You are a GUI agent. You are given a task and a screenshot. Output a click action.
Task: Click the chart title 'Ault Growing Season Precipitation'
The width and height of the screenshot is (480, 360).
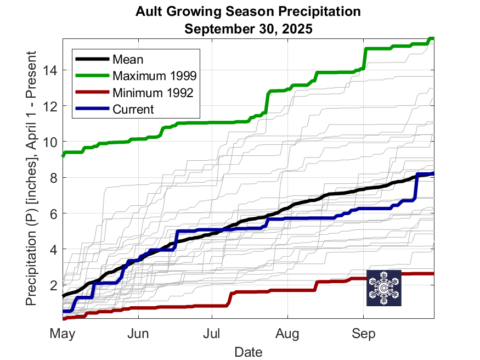248,12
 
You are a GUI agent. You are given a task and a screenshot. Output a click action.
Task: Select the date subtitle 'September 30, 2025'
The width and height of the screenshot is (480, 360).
249,29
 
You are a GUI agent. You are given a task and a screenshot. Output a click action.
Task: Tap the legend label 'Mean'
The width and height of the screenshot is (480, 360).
128,59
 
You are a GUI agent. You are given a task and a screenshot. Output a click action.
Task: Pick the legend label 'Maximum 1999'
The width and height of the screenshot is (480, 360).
154,76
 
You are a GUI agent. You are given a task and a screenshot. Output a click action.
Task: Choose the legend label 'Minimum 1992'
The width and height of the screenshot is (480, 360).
153,93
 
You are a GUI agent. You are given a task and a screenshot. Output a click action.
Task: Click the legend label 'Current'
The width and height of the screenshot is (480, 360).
133,109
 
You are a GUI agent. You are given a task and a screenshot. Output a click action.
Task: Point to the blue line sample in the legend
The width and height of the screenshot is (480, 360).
92,108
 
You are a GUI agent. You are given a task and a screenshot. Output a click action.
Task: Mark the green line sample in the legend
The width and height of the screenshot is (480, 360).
92,75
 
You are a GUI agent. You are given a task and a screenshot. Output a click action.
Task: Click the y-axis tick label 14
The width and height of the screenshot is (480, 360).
50,71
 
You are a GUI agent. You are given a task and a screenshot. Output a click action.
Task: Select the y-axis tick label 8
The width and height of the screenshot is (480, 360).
54,178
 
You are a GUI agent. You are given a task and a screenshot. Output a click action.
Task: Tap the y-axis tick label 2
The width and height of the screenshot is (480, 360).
54,285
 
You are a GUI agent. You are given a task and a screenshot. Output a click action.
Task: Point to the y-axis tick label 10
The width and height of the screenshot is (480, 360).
50,142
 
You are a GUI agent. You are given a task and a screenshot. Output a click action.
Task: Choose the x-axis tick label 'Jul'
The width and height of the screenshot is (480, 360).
212,333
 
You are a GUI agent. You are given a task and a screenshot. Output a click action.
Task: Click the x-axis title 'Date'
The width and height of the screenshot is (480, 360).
249,352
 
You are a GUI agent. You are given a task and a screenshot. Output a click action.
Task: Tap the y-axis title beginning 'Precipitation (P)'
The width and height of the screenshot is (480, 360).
31,178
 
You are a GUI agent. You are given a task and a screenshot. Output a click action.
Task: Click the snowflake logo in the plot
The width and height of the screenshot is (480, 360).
384,288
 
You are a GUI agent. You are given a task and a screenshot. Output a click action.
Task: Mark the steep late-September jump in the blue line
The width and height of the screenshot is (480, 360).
416,187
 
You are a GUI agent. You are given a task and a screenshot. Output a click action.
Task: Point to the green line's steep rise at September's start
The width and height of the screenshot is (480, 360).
364,59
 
